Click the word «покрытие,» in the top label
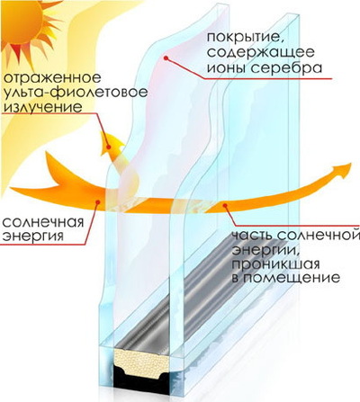[245, 38]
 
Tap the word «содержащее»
[261, 53]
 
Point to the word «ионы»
[226, 68]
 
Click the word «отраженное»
[52, 78]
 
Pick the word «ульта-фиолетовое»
[76, 93]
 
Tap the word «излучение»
[43, 107]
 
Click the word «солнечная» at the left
[42, 223]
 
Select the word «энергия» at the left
[33, 237]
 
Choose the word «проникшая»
[275, 265]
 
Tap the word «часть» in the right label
[253, 236]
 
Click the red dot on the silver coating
[166, 58]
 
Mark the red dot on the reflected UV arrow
[109, 147]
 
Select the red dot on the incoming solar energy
[97, 202]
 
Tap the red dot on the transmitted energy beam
[224, 205]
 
